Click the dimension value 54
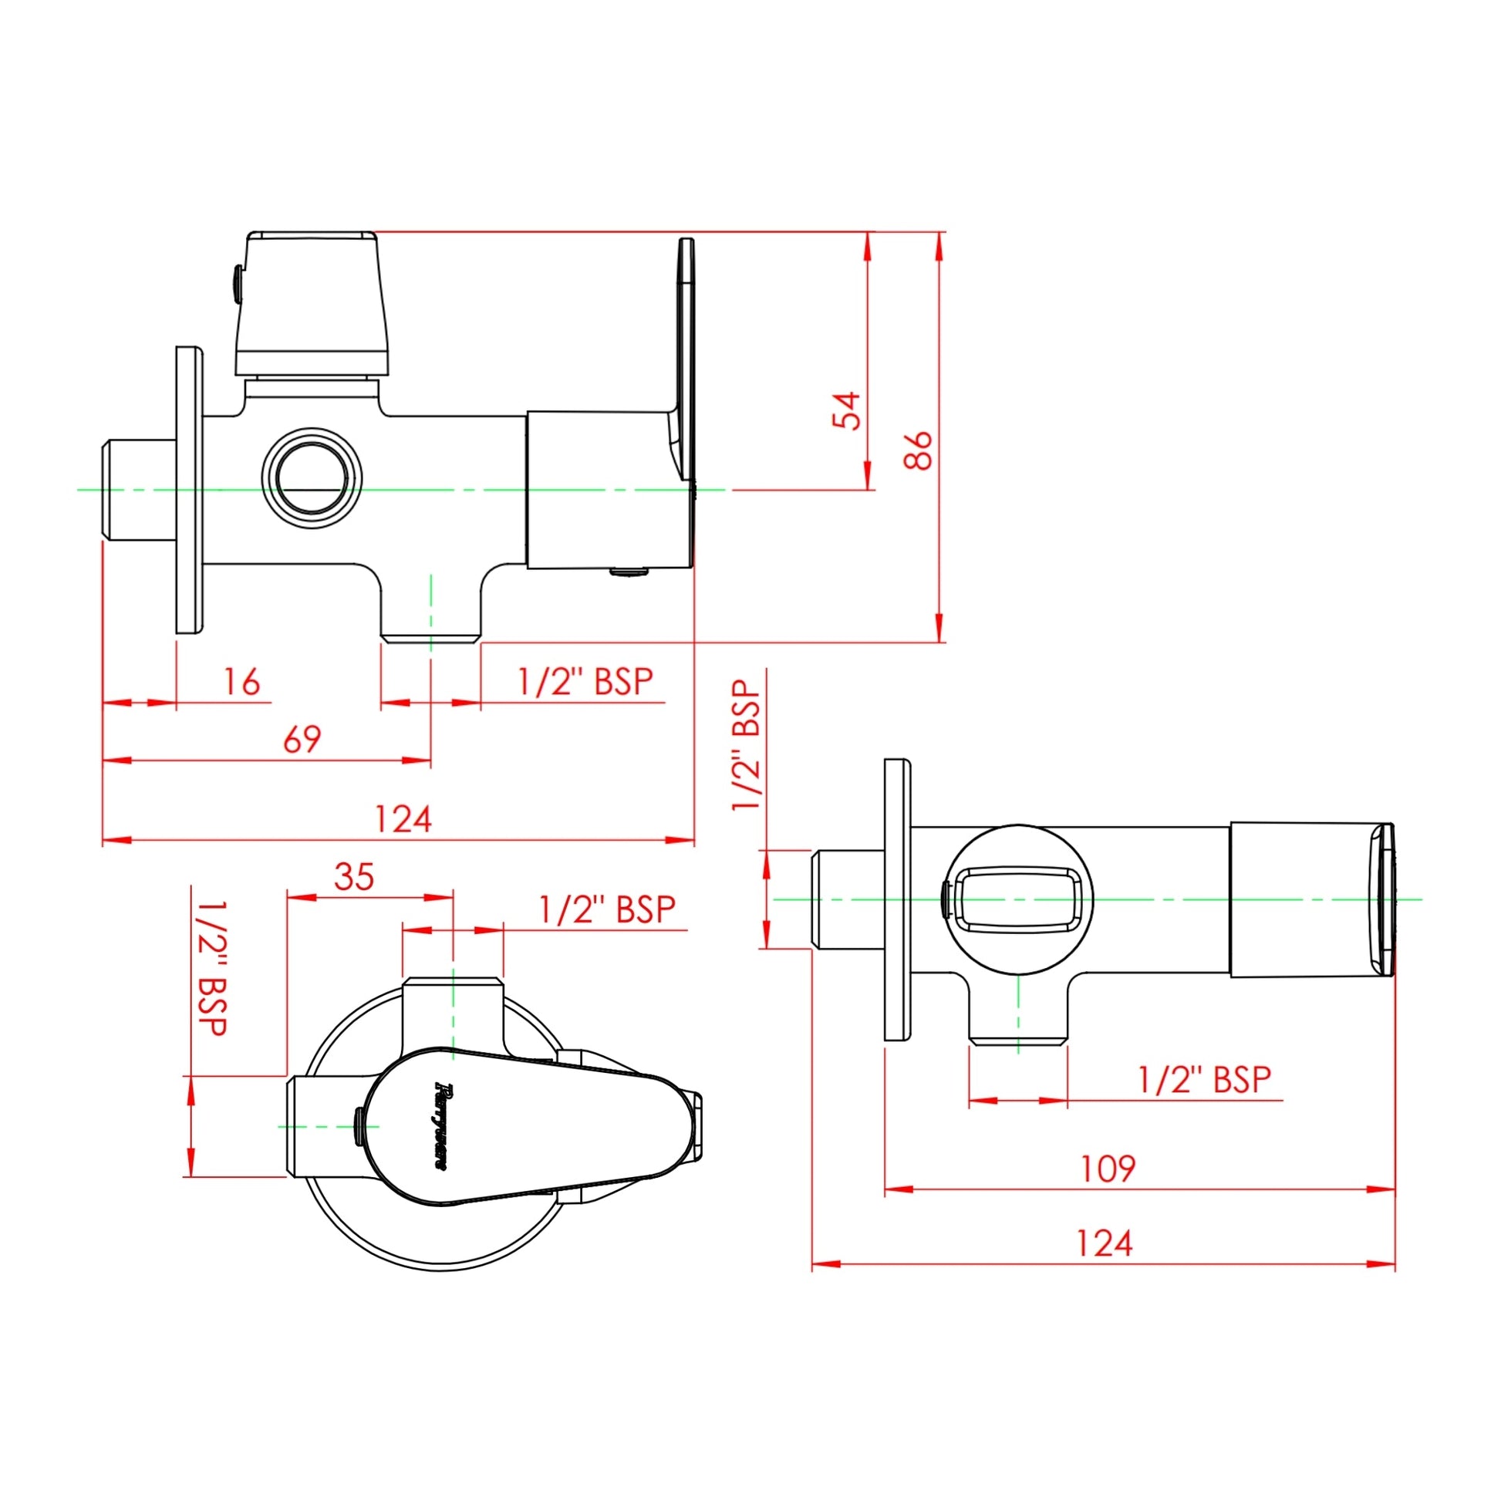point(847,410)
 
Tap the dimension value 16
point(241,681)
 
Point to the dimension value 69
point(302,739)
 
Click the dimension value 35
point(354,876)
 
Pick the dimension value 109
point(1108,1169)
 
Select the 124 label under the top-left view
point(403,819)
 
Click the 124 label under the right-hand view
point(1104,1244)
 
